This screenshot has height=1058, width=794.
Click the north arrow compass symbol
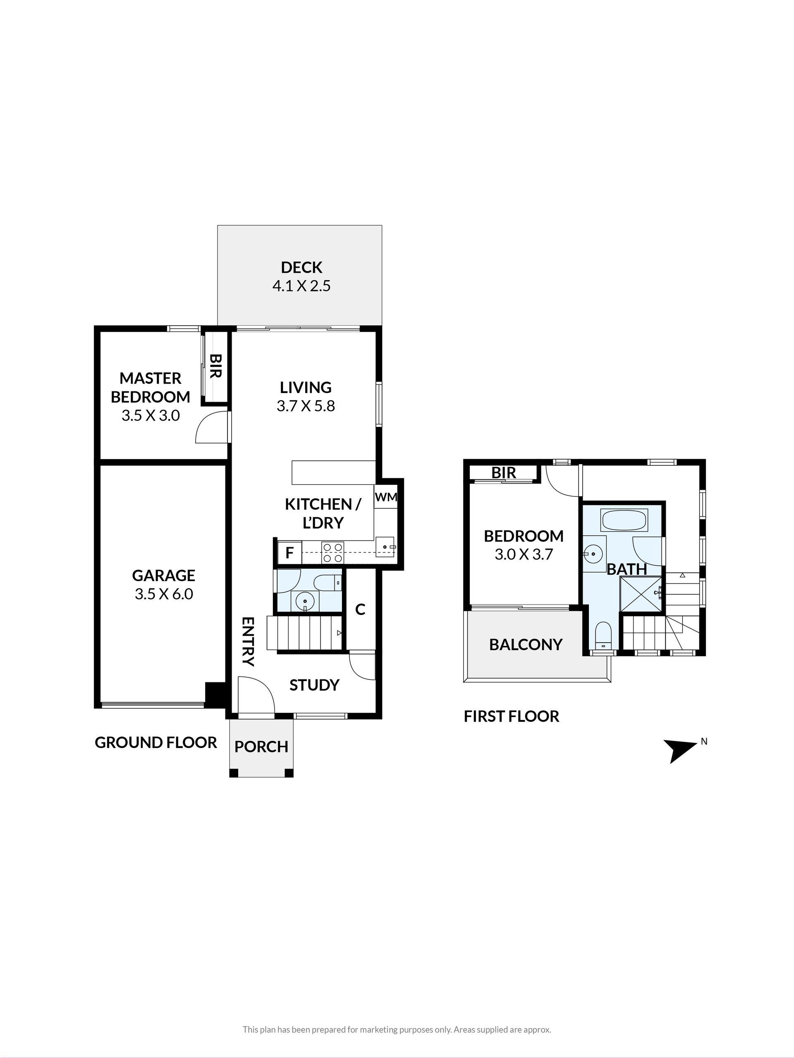pos(679,751)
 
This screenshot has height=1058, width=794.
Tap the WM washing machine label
pos(386,497)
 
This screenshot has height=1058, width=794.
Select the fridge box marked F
pos(289,553)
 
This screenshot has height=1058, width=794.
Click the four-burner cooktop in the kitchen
pos(332,552)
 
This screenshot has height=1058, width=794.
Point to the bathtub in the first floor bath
pos(624,519)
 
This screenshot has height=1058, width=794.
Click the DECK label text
pos(301,267)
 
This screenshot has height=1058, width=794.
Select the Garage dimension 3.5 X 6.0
pos(164,594)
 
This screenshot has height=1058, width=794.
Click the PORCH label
pos(261,747)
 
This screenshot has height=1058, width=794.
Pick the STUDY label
pos(314,685)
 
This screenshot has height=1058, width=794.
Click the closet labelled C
pos(360,609)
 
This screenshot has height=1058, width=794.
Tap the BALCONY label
pos(526,645)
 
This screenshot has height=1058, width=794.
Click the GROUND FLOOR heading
pos(155,742)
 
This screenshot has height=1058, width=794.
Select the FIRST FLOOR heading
pos(512,717)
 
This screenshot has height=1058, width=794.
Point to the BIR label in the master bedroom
pos(215,367)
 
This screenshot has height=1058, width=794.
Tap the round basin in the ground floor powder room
pos(304,600)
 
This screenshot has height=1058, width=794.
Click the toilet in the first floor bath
pos(603,635)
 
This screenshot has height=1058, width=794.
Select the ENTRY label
pos(248,641)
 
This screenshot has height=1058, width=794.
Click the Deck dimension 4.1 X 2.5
pos(301,286)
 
